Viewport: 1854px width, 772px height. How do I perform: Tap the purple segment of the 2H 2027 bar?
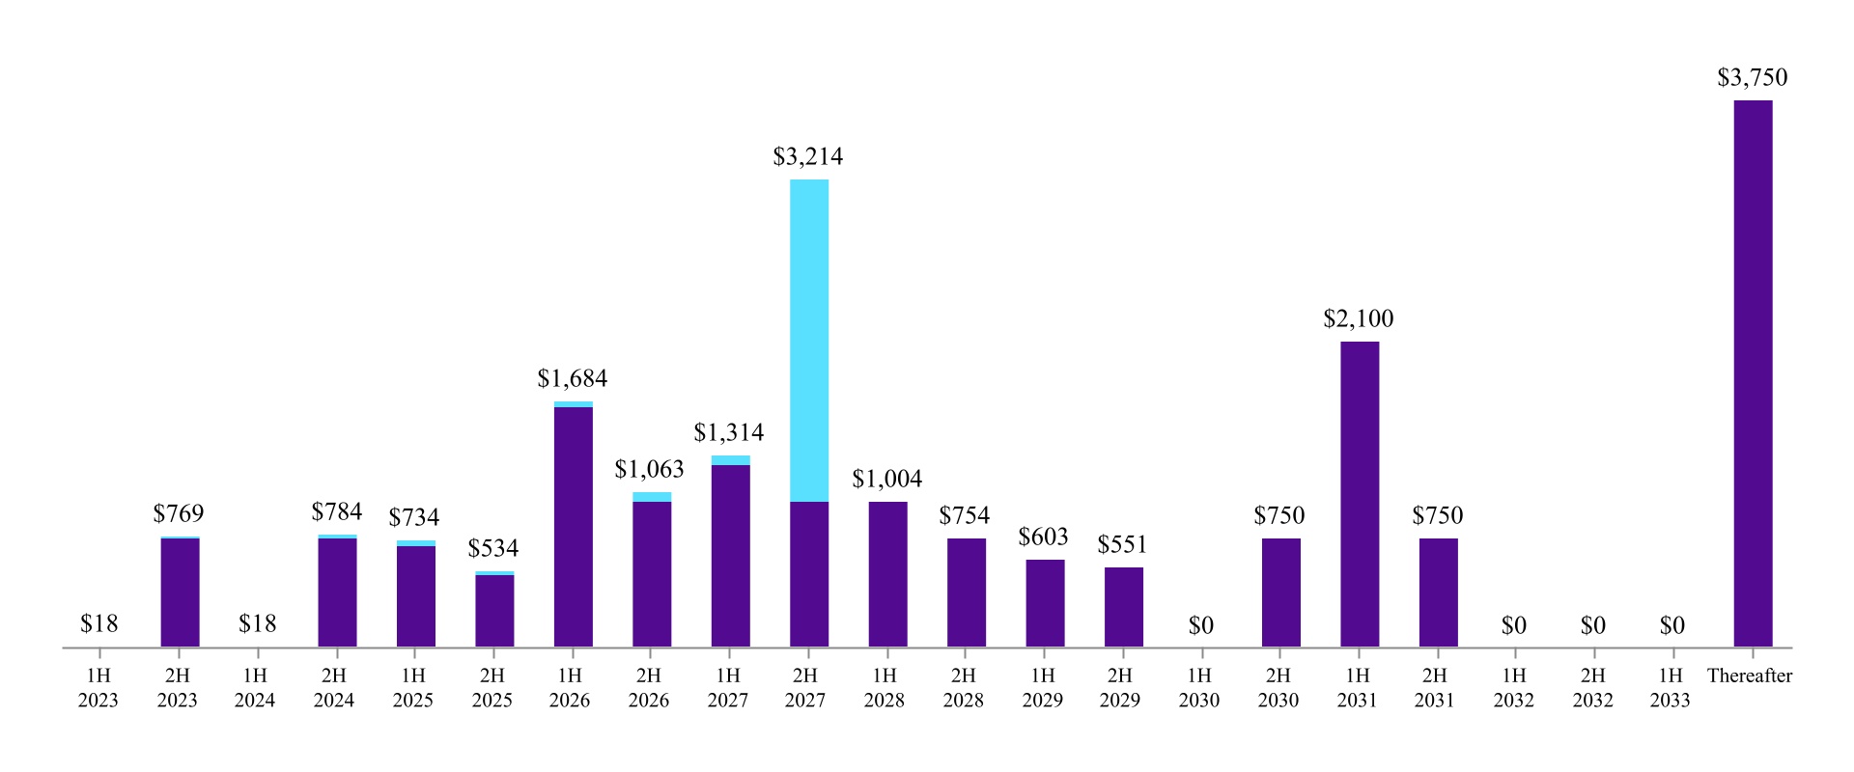(809, 574)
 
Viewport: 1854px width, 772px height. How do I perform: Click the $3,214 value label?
(807, 156)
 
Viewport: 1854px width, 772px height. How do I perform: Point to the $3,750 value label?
(1752, 77)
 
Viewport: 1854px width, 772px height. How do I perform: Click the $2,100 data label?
(1358, 318)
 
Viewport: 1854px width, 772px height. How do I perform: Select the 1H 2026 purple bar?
(574, 526)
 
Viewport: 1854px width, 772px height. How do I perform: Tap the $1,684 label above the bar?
(572, 378)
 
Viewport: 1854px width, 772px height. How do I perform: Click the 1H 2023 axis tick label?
(98, 687)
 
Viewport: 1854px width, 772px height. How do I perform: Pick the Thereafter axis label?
(1749, 675)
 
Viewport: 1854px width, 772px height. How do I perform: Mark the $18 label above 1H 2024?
(257, 623)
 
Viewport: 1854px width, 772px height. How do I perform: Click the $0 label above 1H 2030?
(1200, 625)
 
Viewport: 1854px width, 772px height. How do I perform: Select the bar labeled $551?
(1124, 607)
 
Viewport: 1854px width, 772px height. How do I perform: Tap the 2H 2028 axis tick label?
(963, 687)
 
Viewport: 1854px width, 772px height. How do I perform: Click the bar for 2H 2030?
(1280, 593)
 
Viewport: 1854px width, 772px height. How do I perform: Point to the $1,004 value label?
(886, 479)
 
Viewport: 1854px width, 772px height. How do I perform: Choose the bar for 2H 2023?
(180, 593)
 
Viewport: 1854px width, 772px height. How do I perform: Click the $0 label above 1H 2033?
(1671, 625)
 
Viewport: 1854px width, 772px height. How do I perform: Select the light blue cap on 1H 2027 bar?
(730, 460)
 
